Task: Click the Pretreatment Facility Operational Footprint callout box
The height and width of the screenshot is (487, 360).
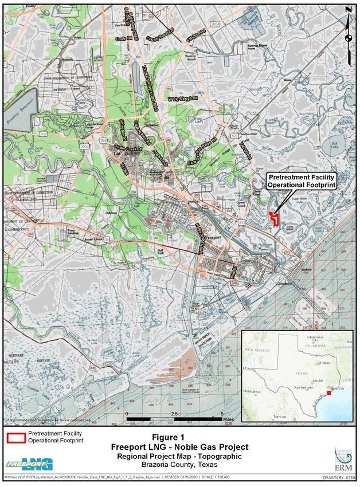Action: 301,181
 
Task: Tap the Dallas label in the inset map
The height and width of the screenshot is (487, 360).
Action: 324,363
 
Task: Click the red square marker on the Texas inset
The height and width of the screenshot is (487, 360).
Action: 328,393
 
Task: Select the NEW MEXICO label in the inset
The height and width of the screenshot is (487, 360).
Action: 257,349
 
